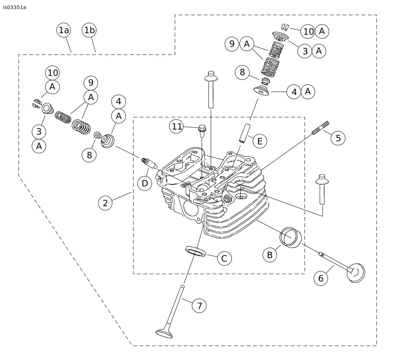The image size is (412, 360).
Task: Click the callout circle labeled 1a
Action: coord(64,30)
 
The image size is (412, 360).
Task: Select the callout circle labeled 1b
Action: coord(89,30)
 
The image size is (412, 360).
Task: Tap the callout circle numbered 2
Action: coord(105,203)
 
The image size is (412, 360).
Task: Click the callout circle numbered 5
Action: coord(338,138)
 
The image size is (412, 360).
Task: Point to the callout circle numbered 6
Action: coord(321,278)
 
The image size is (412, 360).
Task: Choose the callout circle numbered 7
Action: coord(199,305)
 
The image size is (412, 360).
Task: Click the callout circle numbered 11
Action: coord(177,126)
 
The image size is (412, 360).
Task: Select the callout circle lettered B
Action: coord(270,255)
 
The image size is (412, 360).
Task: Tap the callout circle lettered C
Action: coord(224,259)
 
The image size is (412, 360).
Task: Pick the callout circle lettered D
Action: coord(145,184)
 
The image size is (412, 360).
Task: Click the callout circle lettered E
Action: coord(260,141)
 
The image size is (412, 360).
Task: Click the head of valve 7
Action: coord(164,333)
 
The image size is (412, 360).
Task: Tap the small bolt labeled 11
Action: coord(202,131)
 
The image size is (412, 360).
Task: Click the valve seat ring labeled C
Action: coord(196,251)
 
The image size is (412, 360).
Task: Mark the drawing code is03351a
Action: coord(15,7)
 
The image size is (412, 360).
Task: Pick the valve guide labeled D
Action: coord(149,164)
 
